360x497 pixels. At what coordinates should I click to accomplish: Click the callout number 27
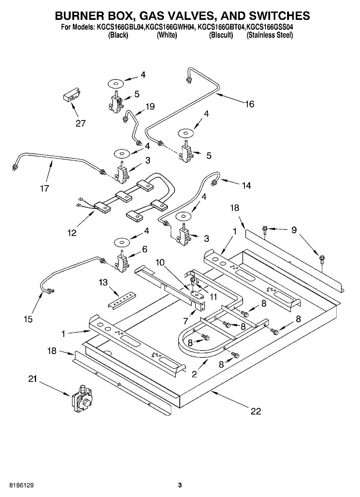click(80, 123)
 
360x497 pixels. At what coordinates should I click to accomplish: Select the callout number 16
click(249, 104)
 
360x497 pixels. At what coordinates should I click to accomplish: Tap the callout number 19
click(150, 107)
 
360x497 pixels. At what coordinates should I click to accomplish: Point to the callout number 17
click(44, 188)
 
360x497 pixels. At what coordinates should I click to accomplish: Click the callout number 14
click(246, 186)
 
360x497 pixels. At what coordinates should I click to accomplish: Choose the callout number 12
click(72, 233)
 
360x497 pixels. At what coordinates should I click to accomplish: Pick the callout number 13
click(104, 282)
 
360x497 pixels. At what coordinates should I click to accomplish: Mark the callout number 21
click(32, 379)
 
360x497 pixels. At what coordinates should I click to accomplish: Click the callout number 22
click(256, 411)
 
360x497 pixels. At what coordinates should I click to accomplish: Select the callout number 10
click(160, 263)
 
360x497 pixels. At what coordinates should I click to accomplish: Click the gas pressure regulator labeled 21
click(82, 399)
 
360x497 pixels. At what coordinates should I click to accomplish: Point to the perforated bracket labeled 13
click(122, 300)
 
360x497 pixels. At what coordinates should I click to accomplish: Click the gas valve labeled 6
click(121, 262)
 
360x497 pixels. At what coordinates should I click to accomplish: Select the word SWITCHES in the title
click(280, 16)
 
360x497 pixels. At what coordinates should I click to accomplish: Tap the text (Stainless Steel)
click(270, 35)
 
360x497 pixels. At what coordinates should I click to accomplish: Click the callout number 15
click(29, 319)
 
